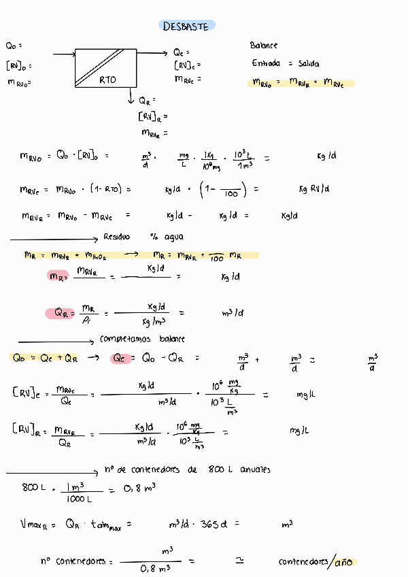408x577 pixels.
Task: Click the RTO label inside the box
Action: pyautogui.click(x=107, y=80)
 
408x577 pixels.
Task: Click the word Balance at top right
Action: pyautogui.click(x=264, y=46)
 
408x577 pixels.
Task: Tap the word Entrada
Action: pyautogui.click(x=266, y=64)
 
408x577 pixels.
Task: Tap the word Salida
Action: pyautogui.click(x=308, y=64)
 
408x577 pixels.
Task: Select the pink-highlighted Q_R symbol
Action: pyautogui.click(x=59, y=313)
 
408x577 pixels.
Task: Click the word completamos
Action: pyautogui.click(x=129, y=339)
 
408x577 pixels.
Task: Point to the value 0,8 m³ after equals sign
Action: pyautogui.click(x=140, y=487)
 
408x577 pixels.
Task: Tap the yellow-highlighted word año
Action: pyautogui.click(x=344, y=562)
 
